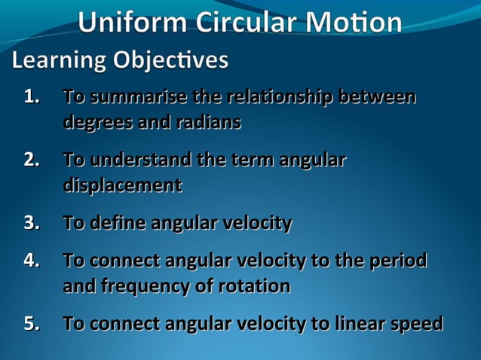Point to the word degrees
pyautogui.click(x=95, y=122)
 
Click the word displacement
pyautogui.click(x=122, y=185)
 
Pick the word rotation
pyautogui.click(x=255, y=286)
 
